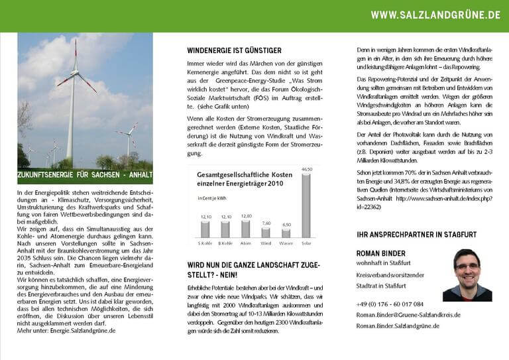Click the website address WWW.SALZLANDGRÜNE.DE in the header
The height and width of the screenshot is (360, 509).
click(x=435, y=15)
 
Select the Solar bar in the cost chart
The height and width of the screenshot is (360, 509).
click(x=306, y=206)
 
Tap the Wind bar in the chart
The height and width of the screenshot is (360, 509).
click(x=266, y=232)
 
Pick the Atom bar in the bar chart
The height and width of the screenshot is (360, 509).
click(x=245, y=229)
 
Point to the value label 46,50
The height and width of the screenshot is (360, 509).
click(x=306, y=170)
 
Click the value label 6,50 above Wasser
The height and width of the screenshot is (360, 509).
click(x=286, y=225)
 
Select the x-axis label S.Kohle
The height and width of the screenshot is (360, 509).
click(x=205, y=243)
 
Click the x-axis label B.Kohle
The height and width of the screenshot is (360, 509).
click(x=225, y=243)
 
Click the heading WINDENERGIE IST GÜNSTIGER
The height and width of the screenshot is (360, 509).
click(x=234, y=50)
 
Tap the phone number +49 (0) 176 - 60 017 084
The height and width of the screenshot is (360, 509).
click(x=390, y=304)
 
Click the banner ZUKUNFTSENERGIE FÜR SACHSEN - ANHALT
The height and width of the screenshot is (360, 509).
click(x=85, y=176)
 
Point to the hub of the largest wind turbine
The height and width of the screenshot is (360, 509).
click(x=75, y=72)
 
